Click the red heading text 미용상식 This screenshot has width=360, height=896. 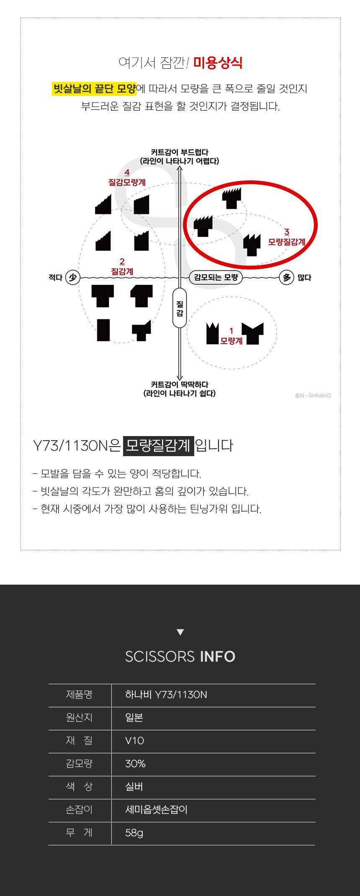coord(218,63)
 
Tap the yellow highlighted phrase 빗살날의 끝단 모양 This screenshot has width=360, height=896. coord(94,89)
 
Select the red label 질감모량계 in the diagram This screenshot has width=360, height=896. coord(127,182)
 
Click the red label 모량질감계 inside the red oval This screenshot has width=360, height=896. coord(287,242)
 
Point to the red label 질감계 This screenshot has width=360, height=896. coord(122,272)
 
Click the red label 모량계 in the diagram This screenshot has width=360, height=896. coord(231,341)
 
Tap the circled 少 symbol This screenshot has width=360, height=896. coord(73,277)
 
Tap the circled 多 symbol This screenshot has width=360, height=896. coord(287,277)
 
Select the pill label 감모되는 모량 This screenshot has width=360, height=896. coord(216,277)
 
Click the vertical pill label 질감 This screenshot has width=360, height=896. coord(180,308)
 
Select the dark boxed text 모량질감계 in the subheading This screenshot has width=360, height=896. coord(158,445)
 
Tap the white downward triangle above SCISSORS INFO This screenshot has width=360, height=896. coord(180,632)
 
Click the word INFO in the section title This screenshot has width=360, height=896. coord(218,657)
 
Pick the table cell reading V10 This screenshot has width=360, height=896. coord(134,741)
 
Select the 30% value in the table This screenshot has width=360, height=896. coord(135,764)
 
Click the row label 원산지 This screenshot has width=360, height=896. coord(79,718)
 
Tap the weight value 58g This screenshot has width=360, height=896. coord(134,833)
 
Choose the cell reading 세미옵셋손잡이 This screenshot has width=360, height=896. coord(156,810)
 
